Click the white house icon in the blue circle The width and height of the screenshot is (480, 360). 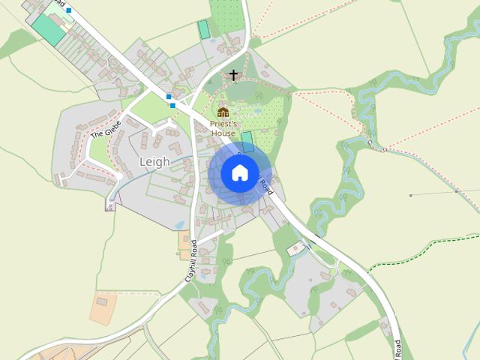(x=239, y=172)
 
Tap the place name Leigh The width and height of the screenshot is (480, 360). (x=154, y=161)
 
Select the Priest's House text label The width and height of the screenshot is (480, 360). (x=223, y=128)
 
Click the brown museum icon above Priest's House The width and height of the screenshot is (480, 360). (x=223, y=112)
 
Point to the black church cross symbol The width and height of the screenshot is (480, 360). (x=234, y=75)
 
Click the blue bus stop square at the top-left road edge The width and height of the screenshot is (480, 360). (x=69, y=10)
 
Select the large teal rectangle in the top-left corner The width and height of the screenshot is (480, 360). (x=48, y=28)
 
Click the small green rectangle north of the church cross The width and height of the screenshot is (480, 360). (x=202, y=30)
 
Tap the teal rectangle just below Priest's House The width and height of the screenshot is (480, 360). (x=247, y=140)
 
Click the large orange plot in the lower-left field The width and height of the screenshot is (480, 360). (x=103, y=307)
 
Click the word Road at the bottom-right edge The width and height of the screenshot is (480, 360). (x=398, y=349)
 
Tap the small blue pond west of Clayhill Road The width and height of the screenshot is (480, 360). (x=180, y=223)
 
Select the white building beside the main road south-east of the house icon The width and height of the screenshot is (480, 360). (x=296, y=247)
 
